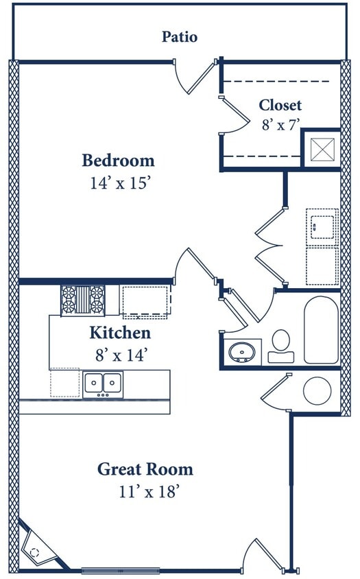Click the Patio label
click(x=180, y=36)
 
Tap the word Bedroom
click(x=118, y=161)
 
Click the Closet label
click(x=280, y=105)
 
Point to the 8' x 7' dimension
click(x=280, y=124)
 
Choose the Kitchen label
click(x=120, y=333)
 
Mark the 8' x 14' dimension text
click(x=120, y=355)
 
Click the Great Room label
click(x=145, y=469)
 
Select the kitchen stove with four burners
click(x=83, y=300)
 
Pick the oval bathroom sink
click(x=241, y=353)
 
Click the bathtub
click(x=321, y=329)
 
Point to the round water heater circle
click(x=317, y=390)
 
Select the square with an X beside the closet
click(x=321, y=149)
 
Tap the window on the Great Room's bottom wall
click(x=121, y=570)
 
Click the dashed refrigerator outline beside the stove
click(x=145, y=300)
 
